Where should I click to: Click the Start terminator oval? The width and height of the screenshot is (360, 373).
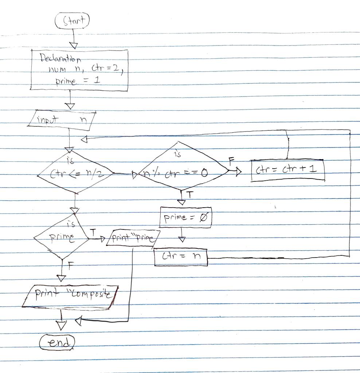72,20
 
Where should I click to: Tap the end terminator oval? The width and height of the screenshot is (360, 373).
57,343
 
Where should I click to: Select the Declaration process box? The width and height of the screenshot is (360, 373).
79,70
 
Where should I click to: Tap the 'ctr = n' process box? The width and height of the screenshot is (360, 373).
181,257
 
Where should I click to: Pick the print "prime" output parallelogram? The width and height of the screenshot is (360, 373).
133,238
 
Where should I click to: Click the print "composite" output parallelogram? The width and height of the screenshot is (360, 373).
71,296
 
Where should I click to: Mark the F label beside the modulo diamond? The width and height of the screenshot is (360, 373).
231,161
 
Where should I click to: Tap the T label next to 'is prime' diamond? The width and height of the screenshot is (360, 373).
93,232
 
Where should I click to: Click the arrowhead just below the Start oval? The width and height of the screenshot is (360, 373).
74,45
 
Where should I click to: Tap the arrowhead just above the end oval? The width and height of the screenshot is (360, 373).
61,326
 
